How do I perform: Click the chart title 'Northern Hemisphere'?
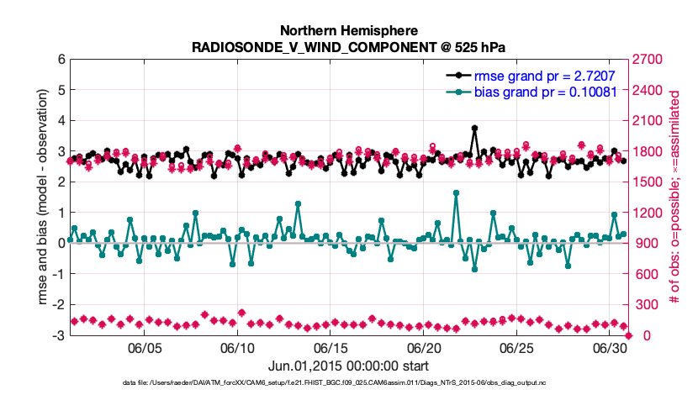[x=348, y=29]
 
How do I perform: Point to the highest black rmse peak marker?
[x=475, y=129]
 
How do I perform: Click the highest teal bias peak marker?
[x=456, y=192]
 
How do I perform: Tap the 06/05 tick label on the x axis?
[x=144, y=348]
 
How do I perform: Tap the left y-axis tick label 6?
[x=61, y=60]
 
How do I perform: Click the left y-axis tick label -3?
[x=58, y=335]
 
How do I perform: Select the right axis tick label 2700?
[x=646, y=60]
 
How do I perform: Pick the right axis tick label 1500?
[x=646, y=182]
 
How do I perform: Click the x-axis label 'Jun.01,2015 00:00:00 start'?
[x=348, y=366]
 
